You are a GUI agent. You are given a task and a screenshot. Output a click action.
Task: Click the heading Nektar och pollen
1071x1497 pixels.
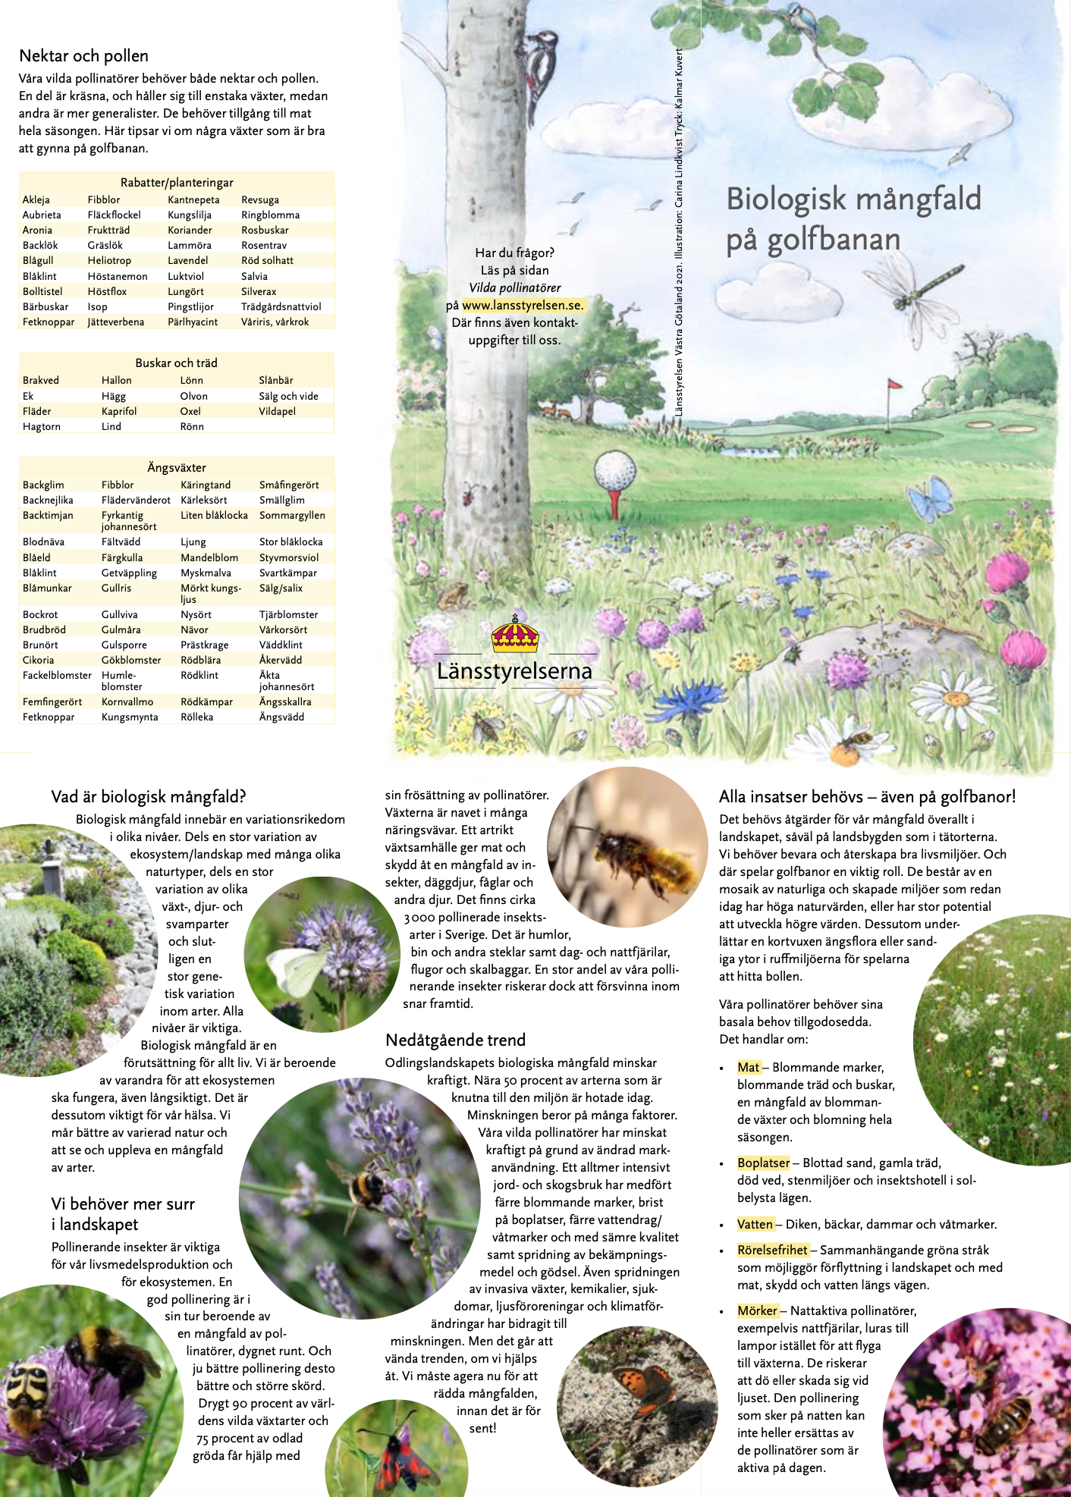click(x=83, y=55)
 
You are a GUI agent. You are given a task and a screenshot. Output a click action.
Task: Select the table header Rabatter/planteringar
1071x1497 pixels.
click(x=176, y=182)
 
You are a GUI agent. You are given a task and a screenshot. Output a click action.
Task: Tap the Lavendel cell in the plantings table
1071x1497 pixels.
click(x=187, y=260)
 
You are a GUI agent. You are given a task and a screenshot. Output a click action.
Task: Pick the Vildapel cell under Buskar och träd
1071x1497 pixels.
click(x=277, y=411)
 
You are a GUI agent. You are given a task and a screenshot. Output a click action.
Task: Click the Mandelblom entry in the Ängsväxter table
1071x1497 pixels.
click(x=209, y=557)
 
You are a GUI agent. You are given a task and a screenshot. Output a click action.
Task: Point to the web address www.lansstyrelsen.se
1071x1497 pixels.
click(x=523, y=305)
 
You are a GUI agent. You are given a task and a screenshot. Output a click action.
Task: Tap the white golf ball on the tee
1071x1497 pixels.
click(x=614, y=472)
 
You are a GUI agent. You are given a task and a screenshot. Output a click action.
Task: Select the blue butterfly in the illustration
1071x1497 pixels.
click(x=931, y=499)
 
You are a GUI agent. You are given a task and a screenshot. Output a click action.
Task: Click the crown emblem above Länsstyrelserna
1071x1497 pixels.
click(x=514, y=635)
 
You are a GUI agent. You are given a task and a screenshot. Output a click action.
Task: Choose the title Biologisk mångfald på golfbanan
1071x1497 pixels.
click(x=853, y=218)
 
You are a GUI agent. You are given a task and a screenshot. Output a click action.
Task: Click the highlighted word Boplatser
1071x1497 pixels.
click(x=763, y=1163)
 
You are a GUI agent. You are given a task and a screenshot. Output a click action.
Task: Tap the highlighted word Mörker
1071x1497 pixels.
click(x=757, y=1310)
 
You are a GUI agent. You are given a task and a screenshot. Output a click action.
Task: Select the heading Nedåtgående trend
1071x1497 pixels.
click(x=455, y=1040)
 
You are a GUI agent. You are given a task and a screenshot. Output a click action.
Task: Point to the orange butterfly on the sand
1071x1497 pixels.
click(x=636, y=1386)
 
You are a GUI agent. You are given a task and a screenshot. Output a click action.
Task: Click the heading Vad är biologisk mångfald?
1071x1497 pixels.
click(x=149, y=796)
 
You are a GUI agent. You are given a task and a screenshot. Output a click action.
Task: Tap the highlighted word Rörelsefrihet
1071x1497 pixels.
click(x=772, y=1250)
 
